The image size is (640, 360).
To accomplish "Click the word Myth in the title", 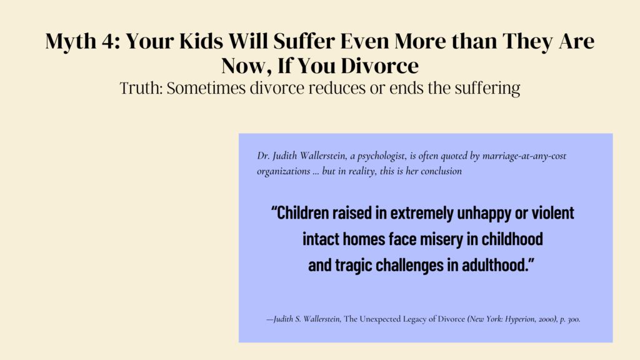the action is tap(71, 41).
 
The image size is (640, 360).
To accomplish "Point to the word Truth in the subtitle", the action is tap(141, 87).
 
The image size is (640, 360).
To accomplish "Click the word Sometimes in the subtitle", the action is tap(206, 87).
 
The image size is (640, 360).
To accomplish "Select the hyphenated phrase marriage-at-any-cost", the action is tap(524, 156).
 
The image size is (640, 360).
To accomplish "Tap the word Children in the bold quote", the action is tap(300, 213).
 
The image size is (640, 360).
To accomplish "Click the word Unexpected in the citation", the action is tap(380, 319).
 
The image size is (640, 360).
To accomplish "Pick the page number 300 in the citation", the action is tap(574, 319).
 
